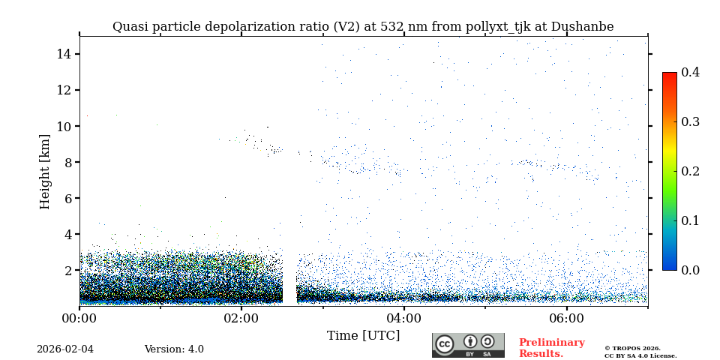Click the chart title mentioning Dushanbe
click(x=363, y=27)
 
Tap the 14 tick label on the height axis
click(x=63, y=54)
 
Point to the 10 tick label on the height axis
click(x=63, y=126)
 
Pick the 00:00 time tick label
click(x=79, y=318)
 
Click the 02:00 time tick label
click(x=241, y=318)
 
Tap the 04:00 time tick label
click(x=404, y=318)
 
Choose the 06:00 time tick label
click(x=566, y=318)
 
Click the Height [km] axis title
click(x=45, y=171)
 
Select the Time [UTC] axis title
click(x=363, y=335)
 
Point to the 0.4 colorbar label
click(x=690, y=72)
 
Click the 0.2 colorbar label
click(x=690, y=171)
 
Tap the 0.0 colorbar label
click(x=690, y=270)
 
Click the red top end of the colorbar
click(x=669, y=76)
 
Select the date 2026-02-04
click(x=65, y=349)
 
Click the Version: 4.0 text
click(x=174, y=349)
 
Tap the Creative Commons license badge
click(x=468, y=345)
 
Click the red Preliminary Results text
click(x=551, y=348)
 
